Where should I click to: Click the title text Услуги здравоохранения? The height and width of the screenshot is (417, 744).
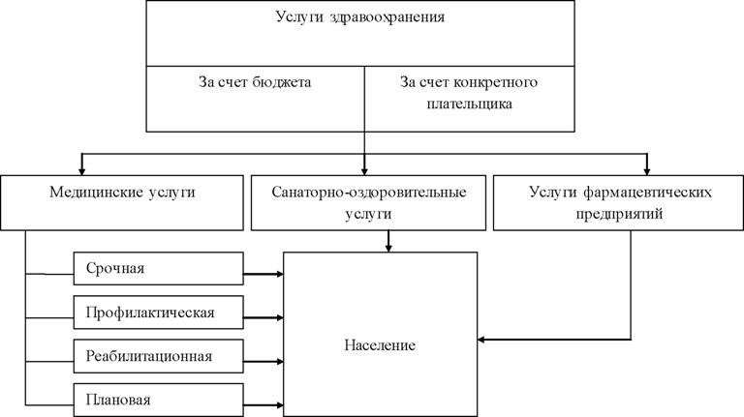pyautogui.click(x=360, y=17)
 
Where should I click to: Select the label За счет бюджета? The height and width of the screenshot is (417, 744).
pyautogui.click(x=255, y=82)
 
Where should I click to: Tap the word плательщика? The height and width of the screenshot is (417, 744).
pyautogui.click(x=469, y=104)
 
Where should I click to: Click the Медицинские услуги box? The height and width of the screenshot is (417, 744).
pyautogui.click(x=122, y=203)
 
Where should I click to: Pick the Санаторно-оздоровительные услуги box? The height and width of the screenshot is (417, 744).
pyautogui.click(x=368, y=203)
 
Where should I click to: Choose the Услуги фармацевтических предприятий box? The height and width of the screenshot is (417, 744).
pyautogui.click(x=619, y=203)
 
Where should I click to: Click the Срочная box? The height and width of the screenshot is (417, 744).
pyautogui.click(x=159, y=269)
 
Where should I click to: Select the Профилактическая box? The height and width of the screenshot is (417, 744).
pyautogui.click(x=159, y=313)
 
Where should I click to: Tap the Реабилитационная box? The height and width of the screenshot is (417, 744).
pyautogui.click(x=159, y=356)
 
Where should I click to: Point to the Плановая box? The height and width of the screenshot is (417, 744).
pyautogui.click(x=159, y=400)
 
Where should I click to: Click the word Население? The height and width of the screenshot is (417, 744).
pyautogui.click(x=380, y=345)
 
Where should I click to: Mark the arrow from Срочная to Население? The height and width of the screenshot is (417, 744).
pyautogui.click(x=263, y=274)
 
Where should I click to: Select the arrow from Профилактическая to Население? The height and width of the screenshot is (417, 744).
pyautogui.click(x=263, y=317)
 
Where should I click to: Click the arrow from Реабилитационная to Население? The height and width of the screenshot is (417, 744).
pyautogui.click(x=263, y=362)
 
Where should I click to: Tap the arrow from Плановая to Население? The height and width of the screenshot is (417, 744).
pyautogui.click(x=263, y=405)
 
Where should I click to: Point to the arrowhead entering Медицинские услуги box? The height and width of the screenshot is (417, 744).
pyautogui.click(x=81, y=170)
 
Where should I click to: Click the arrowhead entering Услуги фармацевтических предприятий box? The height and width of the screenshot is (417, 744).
pyautogui.click(x=646, y=170)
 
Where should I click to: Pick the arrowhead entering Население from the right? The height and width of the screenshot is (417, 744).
pyautogui.click(x=481, y=340)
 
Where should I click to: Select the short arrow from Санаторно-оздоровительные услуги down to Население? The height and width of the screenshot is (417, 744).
pyautogui.click(x=388, y=241)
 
